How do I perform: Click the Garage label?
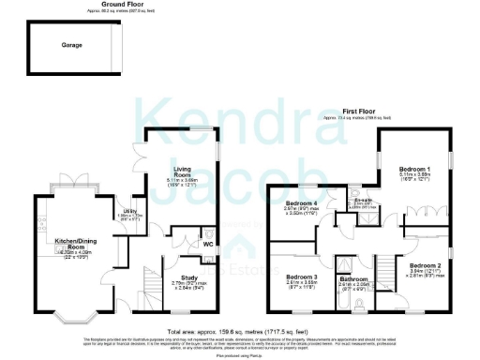click(72, 45)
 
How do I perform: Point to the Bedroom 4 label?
click(302, 203)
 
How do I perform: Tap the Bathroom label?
click(354, 279)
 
